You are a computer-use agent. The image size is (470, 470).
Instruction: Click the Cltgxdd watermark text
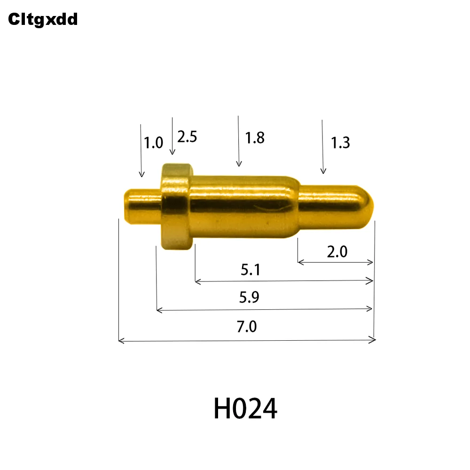[42, 19]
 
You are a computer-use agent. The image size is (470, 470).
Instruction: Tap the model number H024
[245, 409]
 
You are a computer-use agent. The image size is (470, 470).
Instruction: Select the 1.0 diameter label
[153, 142]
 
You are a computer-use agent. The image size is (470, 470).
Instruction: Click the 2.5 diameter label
[187, 137]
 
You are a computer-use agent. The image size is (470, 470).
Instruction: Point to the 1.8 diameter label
[255, 138]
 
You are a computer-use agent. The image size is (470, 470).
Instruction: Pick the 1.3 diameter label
[340, 142]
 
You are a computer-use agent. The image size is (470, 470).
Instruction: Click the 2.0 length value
[337, 252]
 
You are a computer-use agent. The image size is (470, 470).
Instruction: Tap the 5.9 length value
[249, 298]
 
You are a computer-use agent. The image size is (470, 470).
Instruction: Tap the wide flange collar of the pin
[177, 206]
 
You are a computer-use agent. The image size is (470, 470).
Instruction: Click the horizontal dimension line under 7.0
[247, 340]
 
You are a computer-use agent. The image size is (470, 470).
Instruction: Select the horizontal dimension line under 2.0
[336, 262]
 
